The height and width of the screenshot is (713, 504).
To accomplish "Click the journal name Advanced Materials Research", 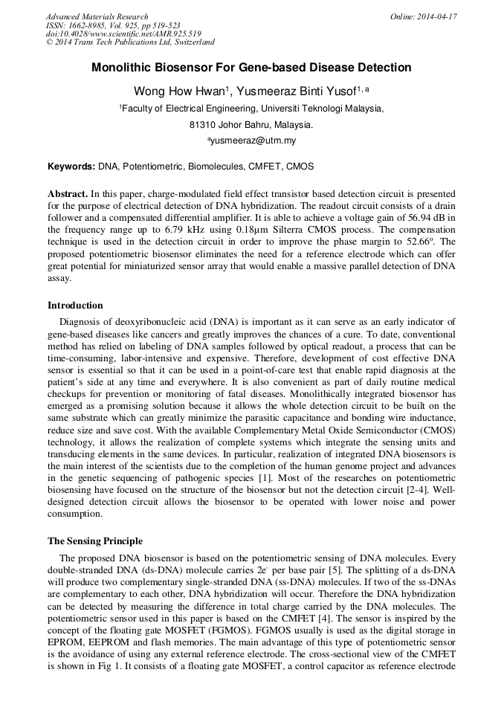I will click(97, 16).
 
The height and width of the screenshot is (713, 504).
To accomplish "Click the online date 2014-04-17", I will click(423, 16).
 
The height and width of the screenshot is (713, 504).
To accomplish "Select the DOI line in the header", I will click(123, 33).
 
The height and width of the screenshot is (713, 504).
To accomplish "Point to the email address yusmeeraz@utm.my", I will click(251, 141).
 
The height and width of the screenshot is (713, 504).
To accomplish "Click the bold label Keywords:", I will click(71, 167).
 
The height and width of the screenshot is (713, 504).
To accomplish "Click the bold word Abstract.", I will click(68, 193).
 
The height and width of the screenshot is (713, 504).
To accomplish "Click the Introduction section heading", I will click(75, 306).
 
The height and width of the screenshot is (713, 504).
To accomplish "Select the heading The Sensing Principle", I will click(95, 541).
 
